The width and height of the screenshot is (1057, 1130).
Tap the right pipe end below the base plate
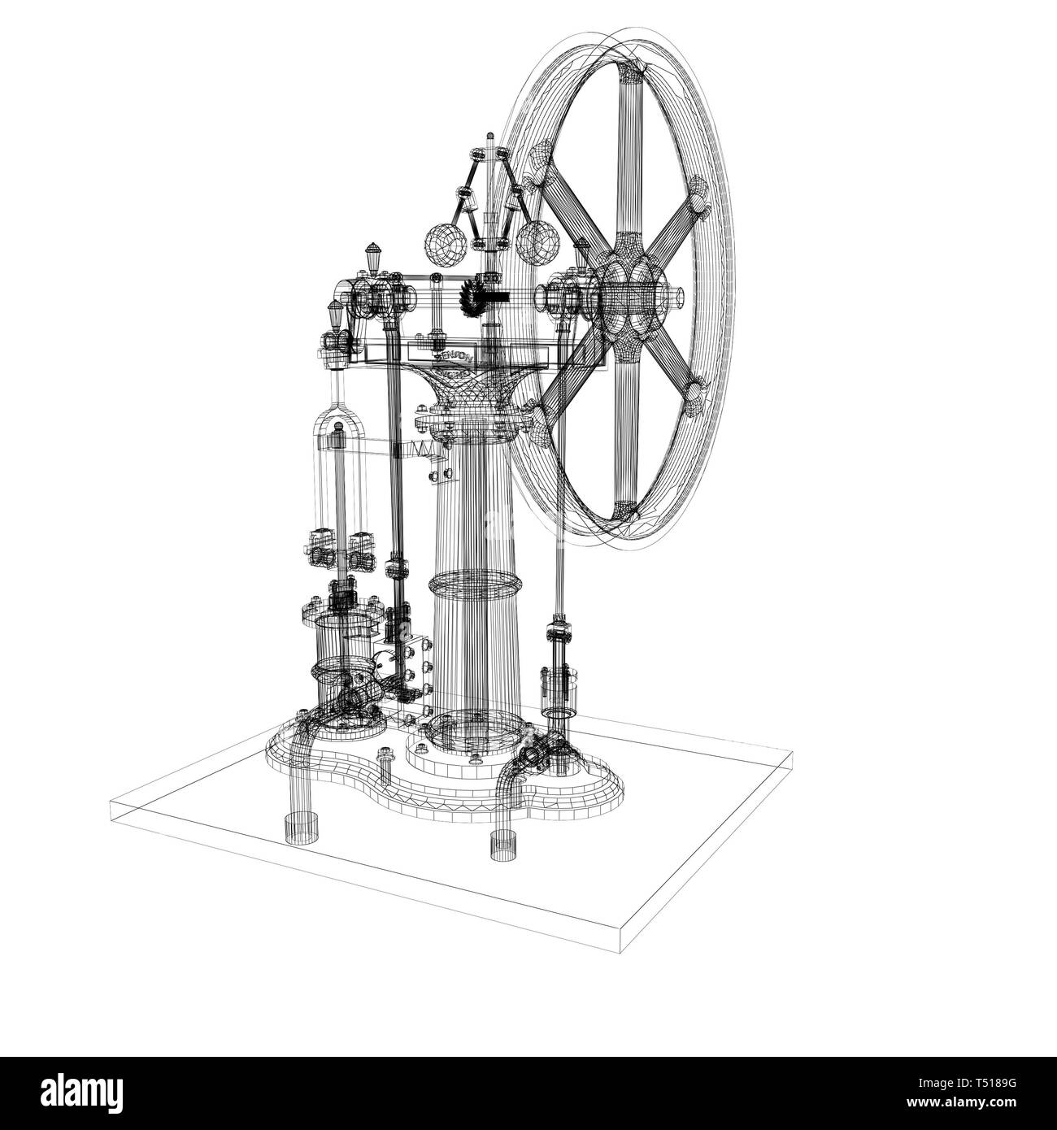point(503,845)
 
